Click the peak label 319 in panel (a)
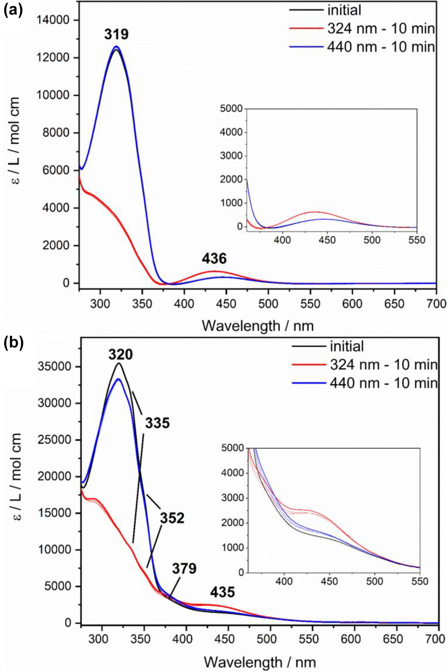click(x=116, y=34)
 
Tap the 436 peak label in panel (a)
click(x=214, y=259)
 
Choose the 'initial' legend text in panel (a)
click(x=344, y=10)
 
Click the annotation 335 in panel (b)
click(x=158, y=423)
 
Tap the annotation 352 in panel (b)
click(x=172, y=518)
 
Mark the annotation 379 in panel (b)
click(x=184, y=569)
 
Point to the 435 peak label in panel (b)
click(x=223, y=593)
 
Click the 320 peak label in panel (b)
click(x=120, y=355)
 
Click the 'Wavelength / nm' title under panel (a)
click(x=257, y=326)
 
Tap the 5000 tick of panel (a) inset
click(x=232, y=109)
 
